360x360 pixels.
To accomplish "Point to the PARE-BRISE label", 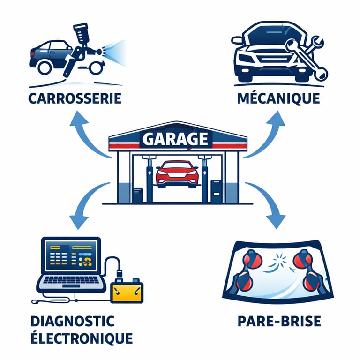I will [x=279, y=321].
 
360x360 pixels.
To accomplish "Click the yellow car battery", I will [x=125, y=291].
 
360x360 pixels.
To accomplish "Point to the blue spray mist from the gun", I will [x=115, y=49].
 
